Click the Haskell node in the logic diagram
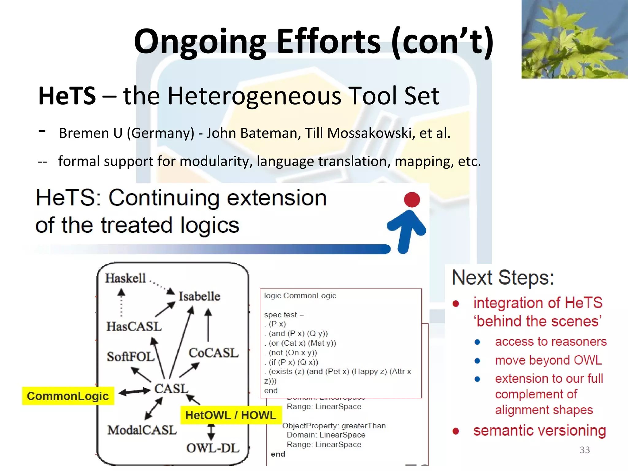pos(125,278)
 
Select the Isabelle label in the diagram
pos(199,296)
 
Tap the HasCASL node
pos(134,326)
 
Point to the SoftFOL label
pos(130,357)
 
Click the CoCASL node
pos(213,353)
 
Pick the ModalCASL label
pos(142,430)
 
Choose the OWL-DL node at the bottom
pos(213,448)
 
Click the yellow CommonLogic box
pos(68,396)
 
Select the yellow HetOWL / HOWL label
pos(231,415)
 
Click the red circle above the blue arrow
pos(412,200)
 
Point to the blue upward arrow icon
pos(406,230)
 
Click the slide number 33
pos(584,450)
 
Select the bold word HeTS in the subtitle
pos(67,96)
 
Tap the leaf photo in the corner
pos(574,39)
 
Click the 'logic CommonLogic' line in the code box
pos(300,296)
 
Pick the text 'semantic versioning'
pos(539,431)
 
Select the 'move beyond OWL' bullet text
pos(548,360)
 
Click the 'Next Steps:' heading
pos(503,278)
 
